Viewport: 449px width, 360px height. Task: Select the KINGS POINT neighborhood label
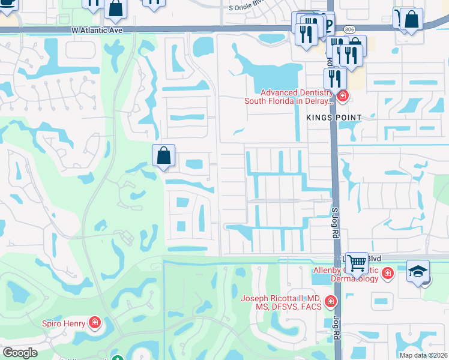coord(334,118)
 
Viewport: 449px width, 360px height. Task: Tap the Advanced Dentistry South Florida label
coord(288,97)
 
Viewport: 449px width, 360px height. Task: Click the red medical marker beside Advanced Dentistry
coord(342,95)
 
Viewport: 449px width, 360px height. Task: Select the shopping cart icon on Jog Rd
coord(357,262)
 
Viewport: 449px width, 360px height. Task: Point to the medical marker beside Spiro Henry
coord(94,324)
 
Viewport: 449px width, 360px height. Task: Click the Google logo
coord(19,353)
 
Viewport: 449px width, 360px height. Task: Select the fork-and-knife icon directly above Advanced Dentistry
coord(334,78)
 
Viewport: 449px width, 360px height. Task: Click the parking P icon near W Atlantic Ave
coord(327,24)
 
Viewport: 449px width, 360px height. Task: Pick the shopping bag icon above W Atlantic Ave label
coord(115,9)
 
